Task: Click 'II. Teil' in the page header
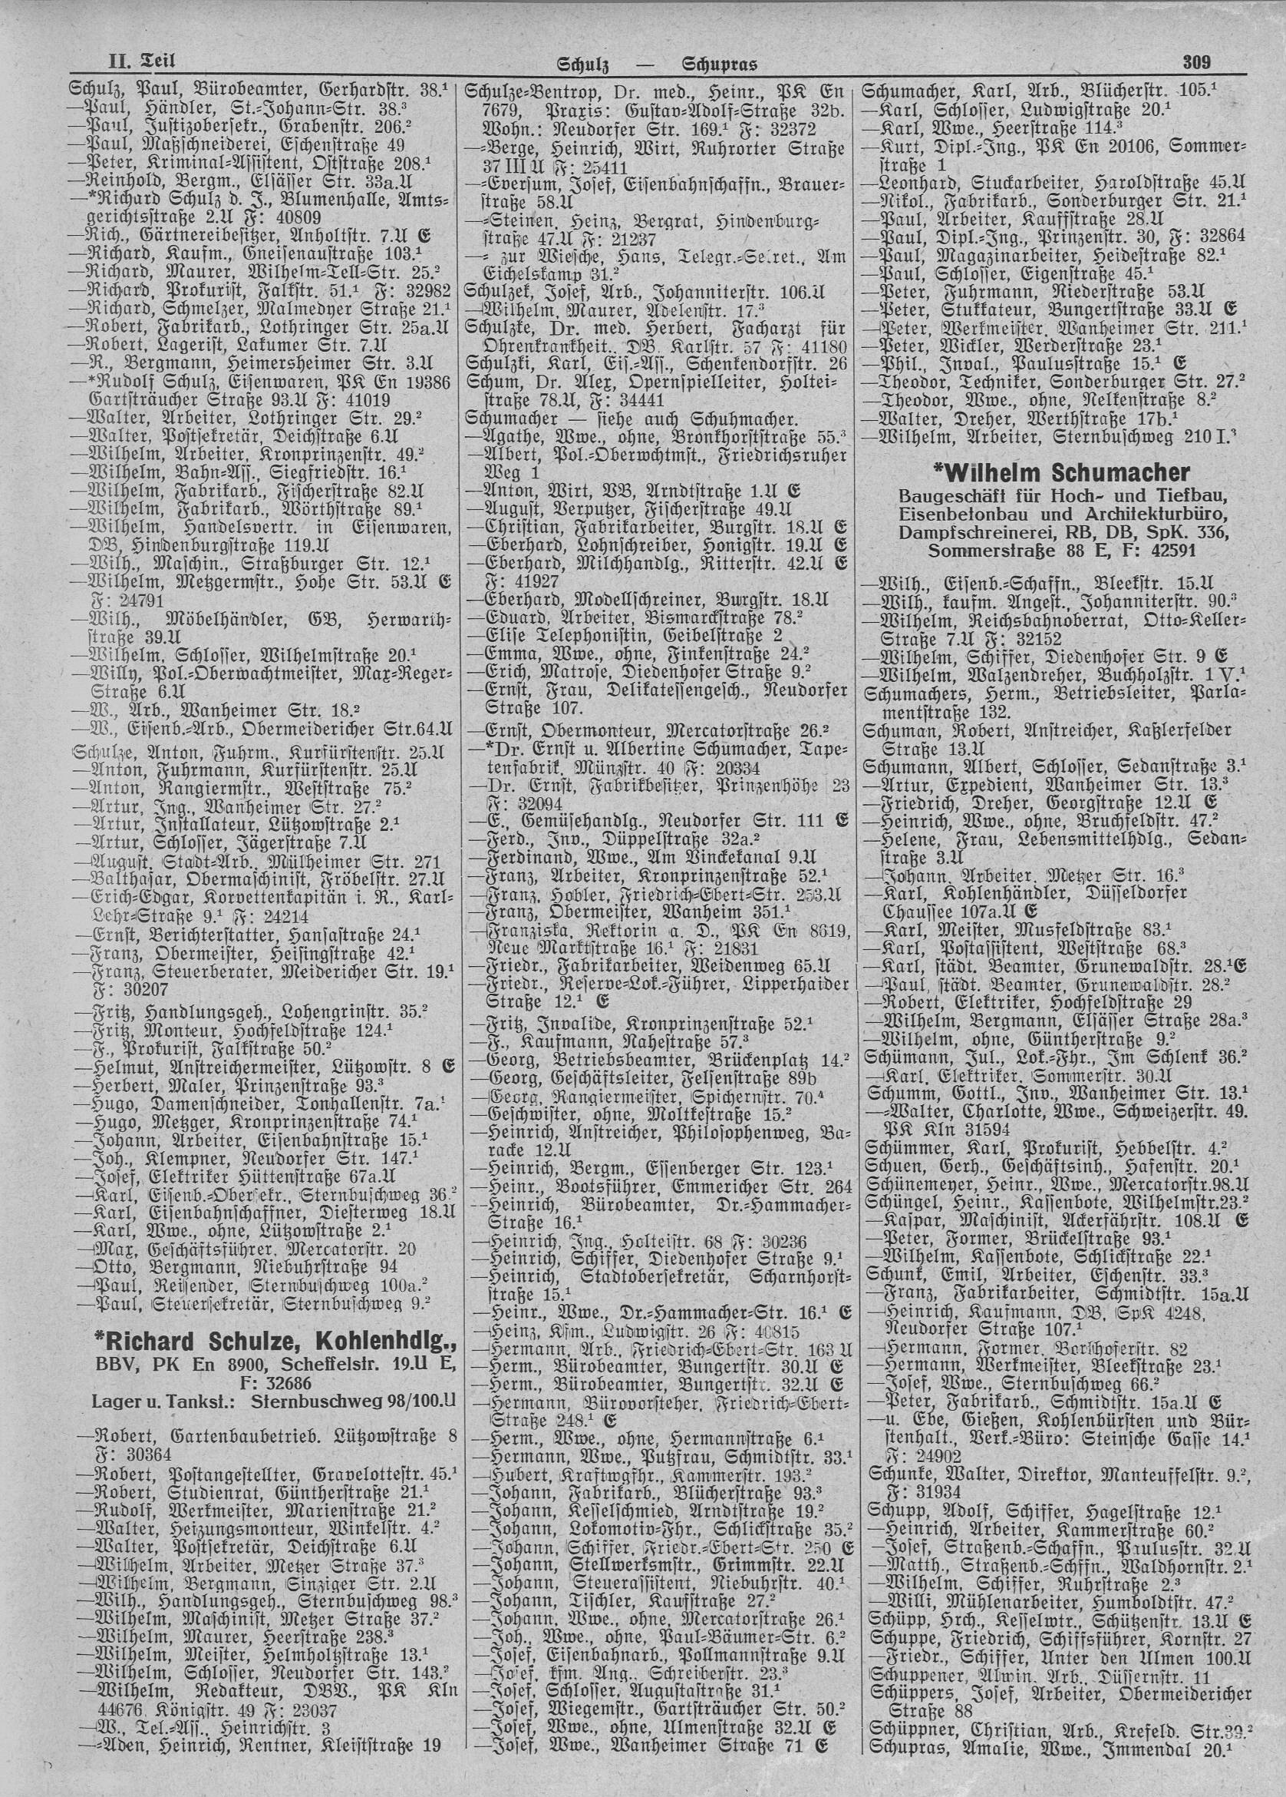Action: click(141, 61)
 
